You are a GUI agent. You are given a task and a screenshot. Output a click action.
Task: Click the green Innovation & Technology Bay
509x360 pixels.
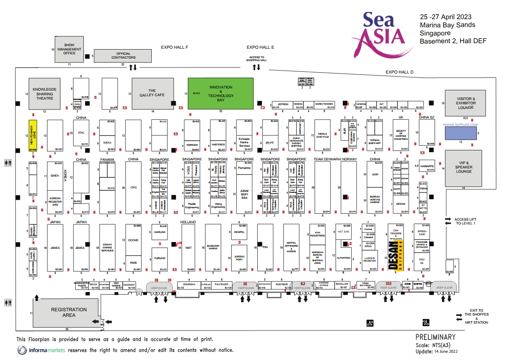tap(221, 93)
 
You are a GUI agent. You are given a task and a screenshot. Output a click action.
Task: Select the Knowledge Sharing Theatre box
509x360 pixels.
tap(45, 94)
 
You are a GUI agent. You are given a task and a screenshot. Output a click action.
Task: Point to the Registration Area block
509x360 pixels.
tap(69, 312)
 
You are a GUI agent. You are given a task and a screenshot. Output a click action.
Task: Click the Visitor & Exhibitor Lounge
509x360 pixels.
tap(465, 103)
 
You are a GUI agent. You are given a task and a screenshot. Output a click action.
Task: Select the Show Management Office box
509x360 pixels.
tap(69, 49)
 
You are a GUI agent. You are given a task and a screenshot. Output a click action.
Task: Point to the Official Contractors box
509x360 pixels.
tap(123, 56)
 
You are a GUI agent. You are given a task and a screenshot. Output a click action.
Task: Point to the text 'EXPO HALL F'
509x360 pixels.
tap(174, 47)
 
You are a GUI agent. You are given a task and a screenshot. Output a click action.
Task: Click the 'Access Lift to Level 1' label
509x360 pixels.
tap(465, 221)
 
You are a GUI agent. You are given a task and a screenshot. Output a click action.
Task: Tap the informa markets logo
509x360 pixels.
tap(41, 350)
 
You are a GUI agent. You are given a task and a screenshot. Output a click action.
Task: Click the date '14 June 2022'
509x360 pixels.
tap(446, 351)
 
